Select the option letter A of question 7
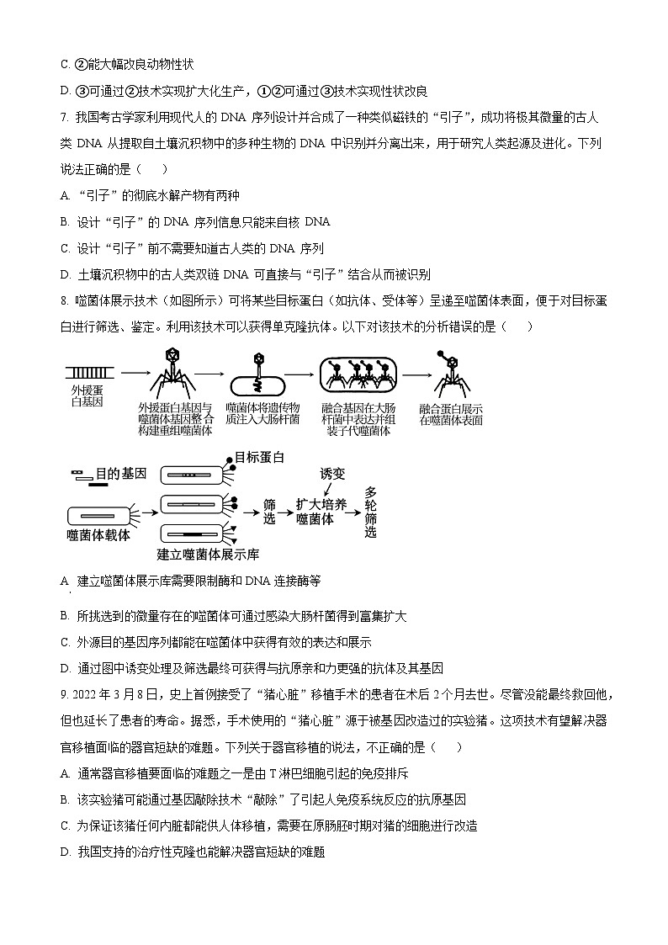click(65, 196)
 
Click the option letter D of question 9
click(65, 852)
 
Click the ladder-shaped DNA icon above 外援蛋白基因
click(87, 370)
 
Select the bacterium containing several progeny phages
click(357, 375)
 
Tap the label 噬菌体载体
click(98, 534)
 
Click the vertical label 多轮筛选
click(371, 512)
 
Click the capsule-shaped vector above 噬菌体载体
click(99, 512)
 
